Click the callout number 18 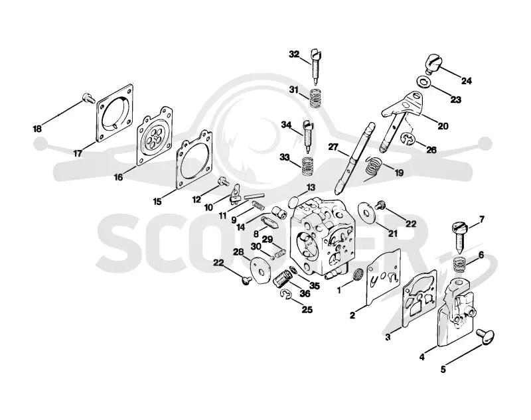click(37, 129)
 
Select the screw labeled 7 click(459, 238)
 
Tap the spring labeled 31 click(315, 98)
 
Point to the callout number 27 click(333, 147)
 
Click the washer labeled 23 click(422, 82)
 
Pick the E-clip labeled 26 click(408, 139)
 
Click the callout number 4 click(422, 357)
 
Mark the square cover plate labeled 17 click(114, 113)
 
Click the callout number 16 click(118, 177)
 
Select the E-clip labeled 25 click(286, 295)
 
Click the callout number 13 click(311, 188)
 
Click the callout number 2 click(352, 315)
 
